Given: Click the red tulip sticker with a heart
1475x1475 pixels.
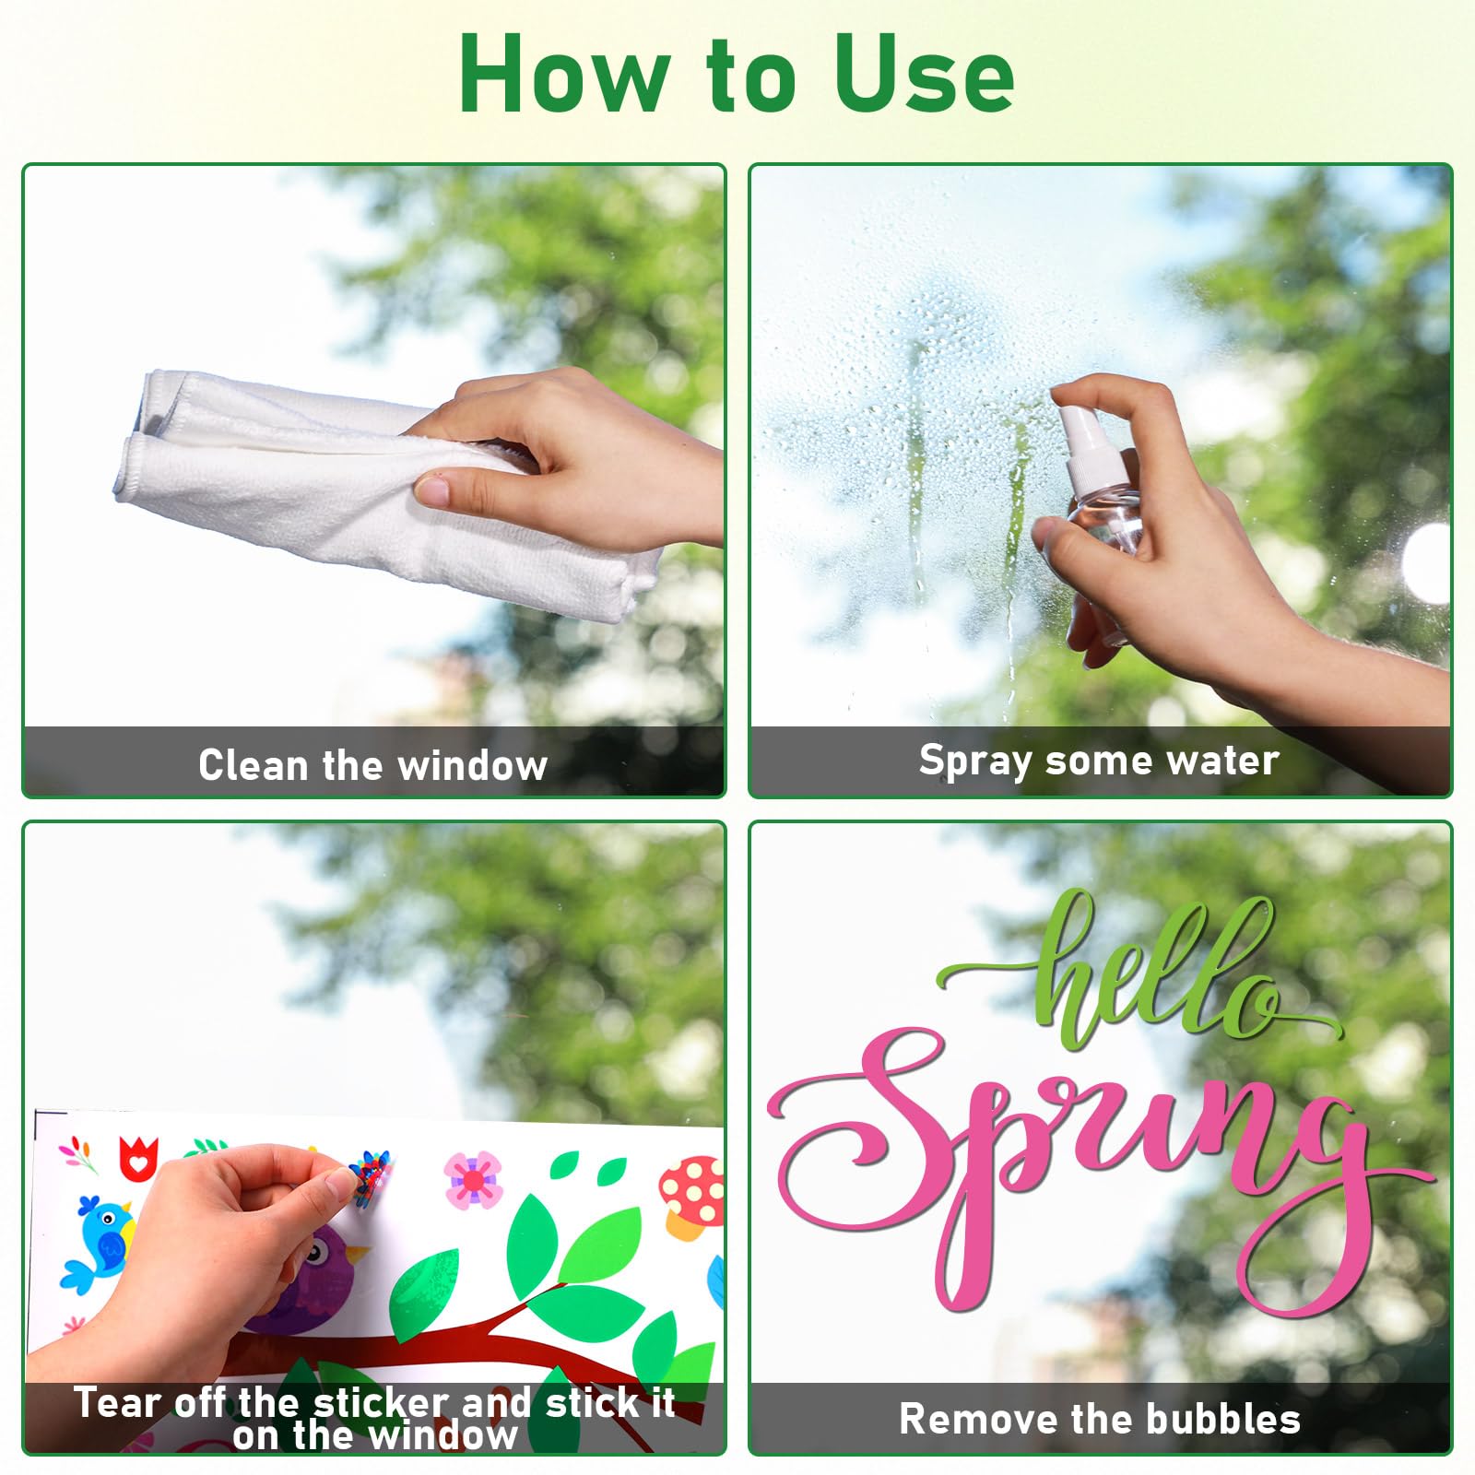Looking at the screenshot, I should coord(138,1160).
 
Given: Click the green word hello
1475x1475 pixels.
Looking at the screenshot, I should coord(1152,977).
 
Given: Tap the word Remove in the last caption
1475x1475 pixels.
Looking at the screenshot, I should coord(968,1420).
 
